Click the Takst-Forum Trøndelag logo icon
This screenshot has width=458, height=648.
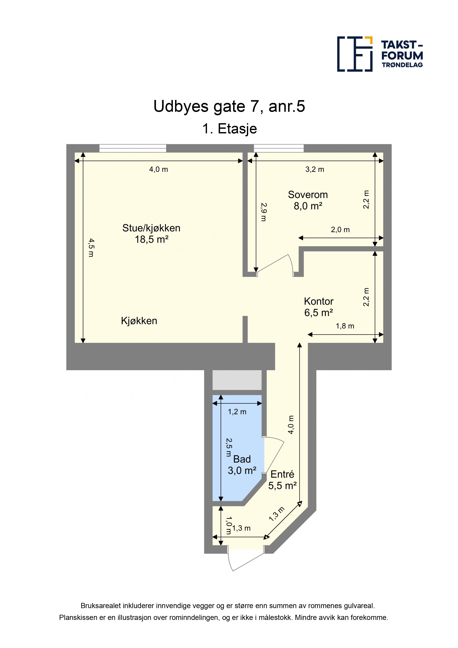[355, 54]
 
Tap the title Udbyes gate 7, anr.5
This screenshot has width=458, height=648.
[229, 106]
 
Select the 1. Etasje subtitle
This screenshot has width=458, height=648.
[229, 129]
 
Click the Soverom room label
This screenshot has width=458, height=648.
[308, 195]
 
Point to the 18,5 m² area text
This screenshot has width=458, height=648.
[152, 239]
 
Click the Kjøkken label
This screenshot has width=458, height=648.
[139, 321]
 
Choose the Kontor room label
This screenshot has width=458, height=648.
[319, 301]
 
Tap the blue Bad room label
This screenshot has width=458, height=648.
[242, 459]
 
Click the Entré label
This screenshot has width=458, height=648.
[282, 474]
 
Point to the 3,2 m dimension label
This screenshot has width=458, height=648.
[315, 169]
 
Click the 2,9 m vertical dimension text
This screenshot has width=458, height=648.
[263, 212]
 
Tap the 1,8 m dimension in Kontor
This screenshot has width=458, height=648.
[345, 326]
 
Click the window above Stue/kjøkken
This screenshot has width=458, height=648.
[133, 148]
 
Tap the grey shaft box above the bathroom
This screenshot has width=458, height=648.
[237, 380]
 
